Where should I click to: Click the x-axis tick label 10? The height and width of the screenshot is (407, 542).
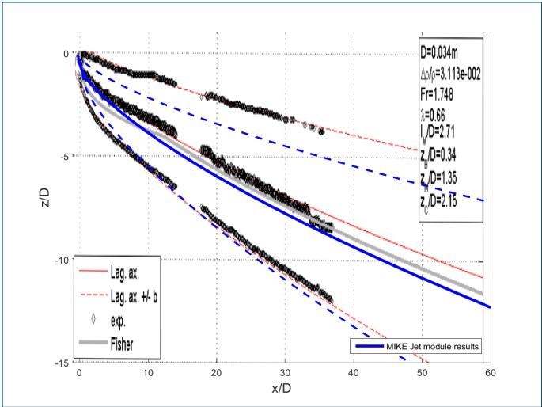pos(147,371)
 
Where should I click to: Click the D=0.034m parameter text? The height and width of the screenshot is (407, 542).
pos(445,53)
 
